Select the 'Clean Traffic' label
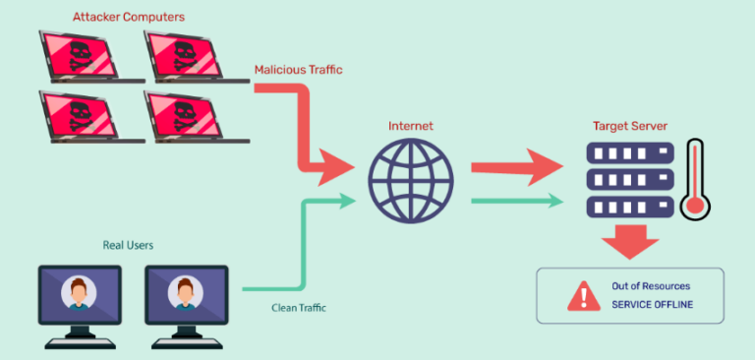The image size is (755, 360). coord(299,308)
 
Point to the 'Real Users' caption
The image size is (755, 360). coord(127,245)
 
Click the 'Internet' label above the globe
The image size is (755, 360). coord(411,126)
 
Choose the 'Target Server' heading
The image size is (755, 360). coord(629,126)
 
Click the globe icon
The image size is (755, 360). coord(411,183)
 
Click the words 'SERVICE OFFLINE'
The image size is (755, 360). coord(652,305)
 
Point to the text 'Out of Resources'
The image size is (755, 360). coord(652,286)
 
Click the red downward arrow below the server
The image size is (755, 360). coord(629,241)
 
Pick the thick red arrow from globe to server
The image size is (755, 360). coord(514,168)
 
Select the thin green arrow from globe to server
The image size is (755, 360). coord(515,202)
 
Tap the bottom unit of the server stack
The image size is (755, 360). coord(629,206)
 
